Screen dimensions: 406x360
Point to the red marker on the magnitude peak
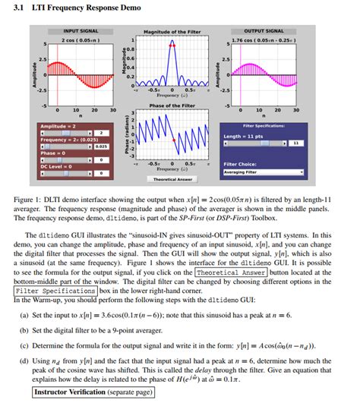(x=172, y=46)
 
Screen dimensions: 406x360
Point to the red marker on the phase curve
(x=174, y=140)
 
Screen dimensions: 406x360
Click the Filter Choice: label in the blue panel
(x=242, y=163)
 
